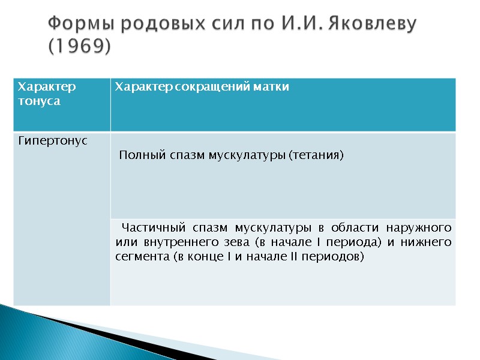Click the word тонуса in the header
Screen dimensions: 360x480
click(x=40, y=101)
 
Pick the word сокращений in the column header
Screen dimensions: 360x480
click(x=206, y=88)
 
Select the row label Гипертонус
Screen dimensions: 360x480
click(x=53, y=141)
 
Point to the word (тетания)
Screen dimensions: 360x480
click(x=316, y=156)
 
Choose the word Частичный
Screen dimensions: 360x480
click(x=153, y=228)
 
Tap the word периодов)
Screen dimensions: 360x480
click(x=337, y=257)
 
